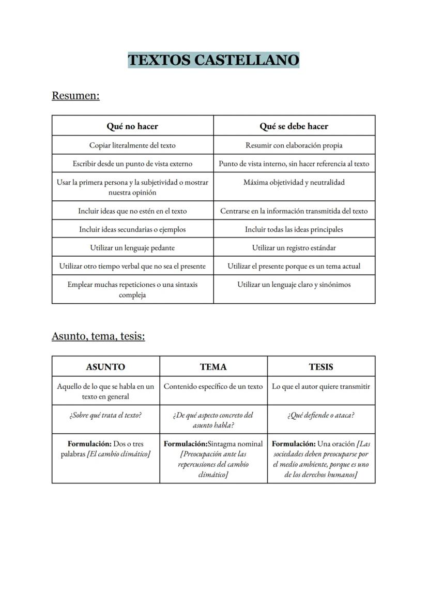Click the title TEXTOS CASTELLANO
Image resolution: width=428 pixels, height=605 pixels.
coord(213,60)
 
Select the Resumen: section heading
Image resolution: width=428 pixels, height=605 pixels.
coord(75,96)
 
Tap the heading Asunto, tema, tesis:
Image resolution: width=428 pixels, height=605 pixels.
coord(98,336)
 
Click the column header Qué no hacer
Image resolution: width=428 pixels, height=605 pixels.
coord(132,126)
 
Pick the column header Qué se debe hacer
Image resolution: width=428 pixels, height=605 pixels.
coord(294,126)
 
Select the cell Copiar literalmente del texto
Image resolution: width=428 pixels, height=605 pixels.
coord(132,145)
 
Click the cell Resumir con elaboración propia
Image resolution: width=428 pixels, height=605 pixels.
coord(294,145)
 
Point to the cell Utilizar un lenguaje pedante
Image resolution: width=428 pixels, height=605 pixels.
coord(132,248)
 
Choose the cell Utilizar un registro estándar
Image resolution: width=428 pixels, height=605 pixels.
coord(294,248)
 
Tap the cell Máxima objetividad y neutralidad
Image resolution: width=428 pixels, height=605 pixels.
coord(294,183)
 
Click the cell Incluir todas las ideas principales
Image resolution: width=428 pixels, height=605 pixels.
coord(294,229)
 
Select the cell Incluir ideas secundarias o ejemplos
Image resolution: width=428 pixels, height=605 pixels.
coord(132,229)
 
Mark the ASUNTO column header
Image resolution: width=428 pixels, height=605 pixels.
coord(105,367)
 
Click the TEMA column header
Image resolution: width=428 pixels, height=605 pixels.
coord(213,367)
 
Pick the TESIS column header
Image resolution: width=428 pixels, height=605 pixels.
coord(321,367)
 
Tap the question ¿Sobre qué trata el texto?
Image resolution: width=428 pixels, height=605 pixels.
coord(105,415)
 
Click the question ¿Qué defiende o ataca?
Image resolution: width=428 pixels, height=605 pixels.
coord(321,415)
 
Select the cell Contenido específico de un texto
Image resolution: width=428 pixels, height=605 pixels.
coord(213,387)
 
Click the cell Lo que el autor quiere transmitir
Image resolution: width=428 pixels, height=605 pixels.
coord(321,387)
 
